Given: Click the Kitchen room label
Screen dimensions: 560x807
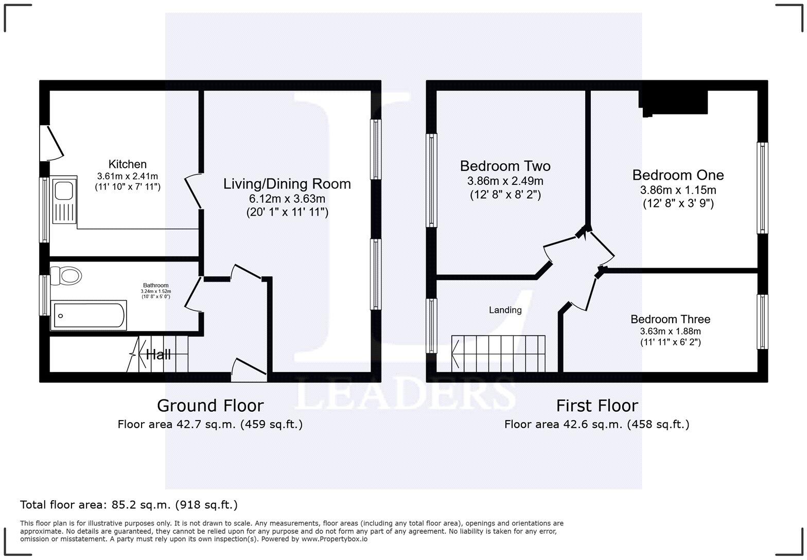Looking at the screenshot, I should [127, 164].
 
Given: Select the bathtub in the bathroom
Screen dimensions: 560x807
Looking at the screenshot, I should [89, 316].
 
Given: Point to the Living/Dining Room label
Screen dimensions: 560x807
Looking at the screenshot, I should [287, 184].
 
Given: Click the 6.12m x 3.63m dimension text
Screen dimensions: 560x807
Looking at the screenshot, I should [287, 199].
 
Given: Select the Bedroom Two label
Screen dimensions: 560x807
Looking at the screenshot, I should [505, 166].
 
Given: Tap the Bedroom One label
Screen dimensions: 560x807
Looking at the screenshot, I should [678, 175].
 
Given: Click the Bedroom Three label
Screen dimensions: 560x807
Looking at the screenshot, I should [670, 319].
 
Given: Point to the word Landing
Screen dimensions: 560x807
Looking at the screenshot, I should [505, 310].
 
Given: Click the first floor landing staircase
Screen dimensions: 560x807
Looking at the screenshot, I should [498, 353].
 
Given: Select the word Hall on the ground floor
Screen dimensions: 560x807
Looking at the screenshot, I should [158, 354].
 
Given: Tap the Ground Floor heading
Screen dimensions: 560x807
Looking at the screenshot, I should [210, 406].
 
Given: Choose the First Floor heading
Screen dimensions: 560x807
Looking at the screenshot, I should [597, 406].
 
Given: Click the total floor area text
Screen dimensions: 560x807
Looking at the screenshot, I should [129, 504].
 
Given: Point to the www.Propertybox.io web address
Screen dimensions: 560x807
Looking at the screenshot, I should [334, 539].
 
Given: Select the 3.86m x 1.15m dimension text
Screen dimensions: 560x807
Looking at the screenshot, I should [678, 190].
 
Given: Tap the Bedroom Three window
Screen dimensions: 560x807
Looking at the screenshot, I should [762, 322].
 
